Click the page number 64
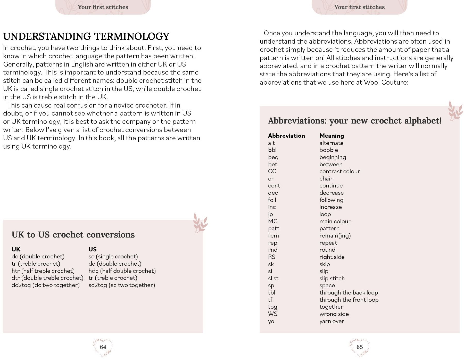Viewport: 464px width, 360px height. tap(103, 347)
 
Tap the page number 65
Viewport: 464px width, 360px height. tap(359, 347)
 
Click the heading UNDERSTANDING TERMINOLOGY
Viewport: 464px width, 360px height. tap(86, 36)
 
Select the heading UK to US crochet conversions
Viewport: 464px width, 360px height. tap(73, 235)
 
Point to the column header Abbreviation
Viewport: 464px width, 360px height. tap(286, 136)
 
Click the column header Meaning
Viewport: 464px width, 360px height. tap(332, 136)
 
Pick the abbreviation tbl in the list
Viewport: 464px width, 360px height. tap(271, 293)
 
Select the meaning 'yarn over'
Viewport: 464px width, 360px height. tap(332, 321)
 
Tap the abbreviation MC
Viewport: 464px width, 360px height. tap(273, 221)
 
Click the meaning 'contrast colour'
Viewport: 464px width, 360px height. tap(340, 171)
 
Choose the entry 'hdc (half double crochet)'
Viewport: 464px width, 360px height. tap(122, 271)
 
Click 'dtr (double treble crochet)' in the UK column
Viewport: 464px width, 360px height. tap(47, 278)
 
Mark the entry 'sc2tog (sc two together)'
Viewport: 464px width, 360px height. tap(122, 285)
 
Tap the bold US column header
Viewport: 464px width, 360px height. tap(93, 249)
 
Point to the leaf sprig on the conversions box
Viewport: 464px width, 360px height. tap(200, 223)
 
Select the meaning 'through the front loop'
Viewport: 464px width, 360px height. tap(349, 300)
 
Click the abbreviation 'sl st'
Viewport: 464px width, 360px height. tap(273, 279)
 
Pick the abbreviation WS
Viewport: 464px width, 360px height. tap(272, 314)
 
